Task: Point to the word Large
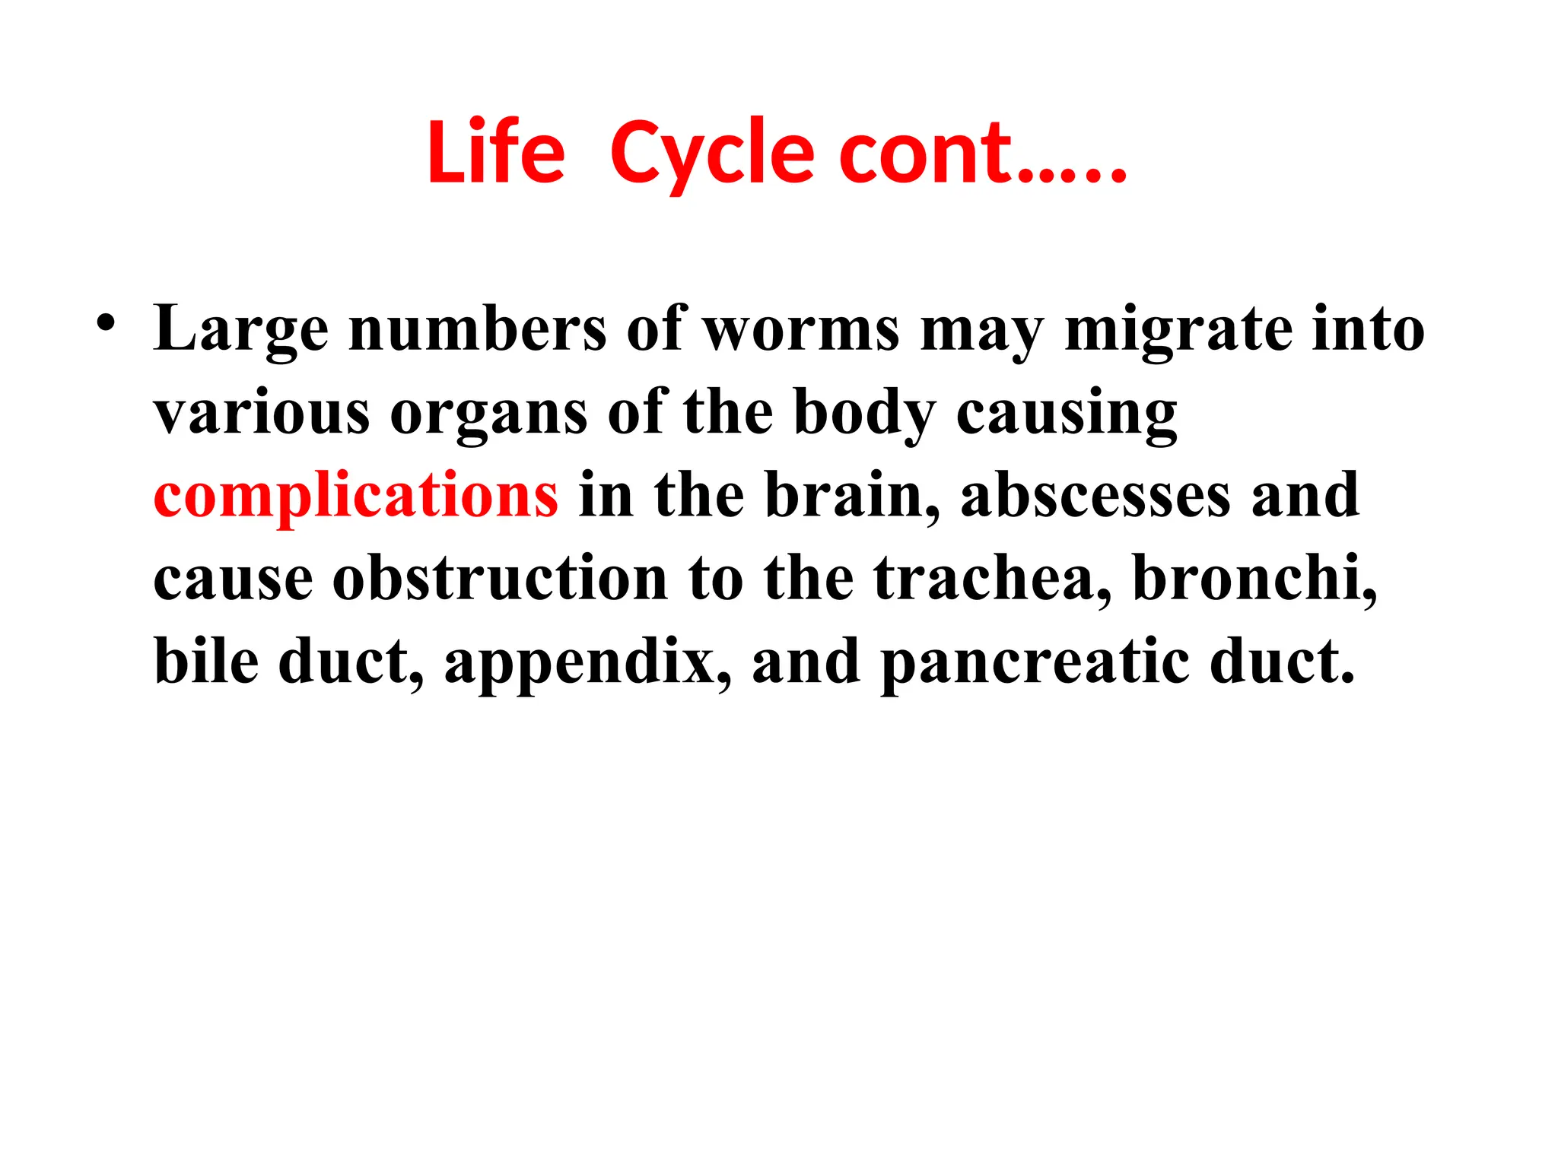(241, 328)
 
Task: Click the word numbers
(478, 328)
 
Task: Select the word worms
(801, 328)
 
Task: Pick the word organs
(488, 412)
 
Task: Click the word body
(865, 412)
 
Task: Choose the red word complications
(356, 495)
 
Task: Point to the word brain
(851, 495)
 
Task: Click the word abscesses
(1095, 495)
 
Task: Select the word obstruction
(500, 578)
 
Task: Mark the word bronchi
(1254, 578)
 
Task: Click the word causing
(1067, 412)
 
